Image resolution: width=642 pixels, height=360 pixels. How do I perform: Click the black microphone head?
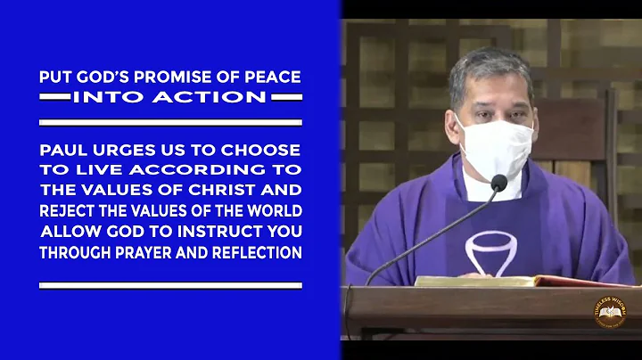498,184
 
